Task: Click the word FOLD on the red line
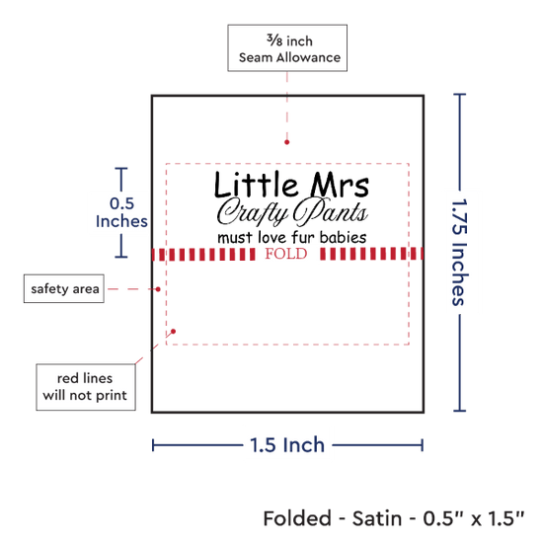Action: tap(286, 254)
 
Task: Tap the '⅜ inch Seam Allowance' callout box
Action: tap(287, 48)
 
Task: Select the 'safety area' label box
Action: tap(64, 288)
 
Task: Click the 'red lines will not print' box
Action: tap(86, 387)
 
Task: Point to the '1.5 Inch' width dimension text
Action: tap(287, 445)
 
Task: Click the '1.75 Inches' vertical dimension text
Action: tap(460, 253)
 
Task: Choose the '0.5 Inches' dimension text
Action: tap(121, 212)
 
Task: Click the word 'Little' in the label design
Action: tap(256, 185)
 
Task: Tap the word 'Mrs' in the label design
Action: tap(340, 185)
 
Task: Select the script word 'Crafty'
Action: tap(253, 211)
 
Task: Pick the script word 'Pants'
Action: tap(330, 211)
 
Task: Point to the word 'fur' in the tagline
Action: tap(303, 238)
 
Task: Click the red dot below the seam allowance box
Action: tap(286, 142)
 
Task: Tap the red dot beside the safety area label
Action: tap(158, 289)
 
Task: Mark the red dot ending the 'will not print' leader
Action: tap(173, 332)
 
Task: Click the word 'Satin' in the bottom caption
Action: tap(377, 518)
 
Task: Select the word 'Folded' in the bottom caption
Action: tap(297, 518)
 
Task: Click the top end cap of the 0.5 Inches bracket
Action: tap(121, 168)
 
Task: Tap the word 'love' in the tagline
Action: tap(272, 238)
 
